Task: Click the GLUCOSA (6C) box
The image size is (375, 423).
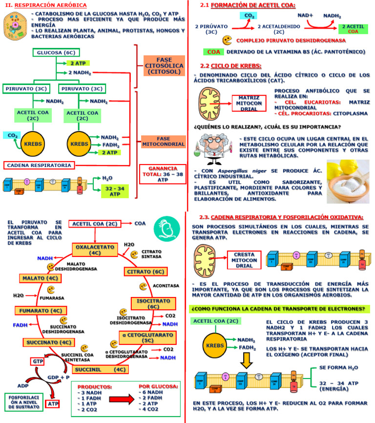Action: point(56,53)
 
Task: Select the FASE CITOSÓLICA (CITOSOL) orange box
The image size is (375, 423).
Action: point(164,65)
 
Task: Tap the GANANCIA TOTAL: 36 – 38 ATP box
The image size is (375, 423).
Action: point(163,174)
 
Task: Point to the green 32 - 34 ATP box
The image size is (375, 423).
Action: point(115,191)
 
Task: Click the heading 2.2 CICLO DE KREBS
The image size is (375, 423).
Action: point(230,65)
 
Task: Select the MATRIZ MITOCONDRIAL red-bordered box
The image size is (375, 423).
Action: point(249,104)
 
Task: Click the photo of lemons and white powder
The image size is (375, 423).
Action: point(348,181)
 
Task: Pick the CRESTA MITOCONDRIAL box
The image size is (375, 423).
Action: point(244,260)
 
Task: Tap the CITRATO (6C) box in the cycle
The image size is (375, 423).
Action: point(146,272)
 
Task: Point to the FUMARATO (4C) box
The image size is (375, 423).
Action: point(41,311)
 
